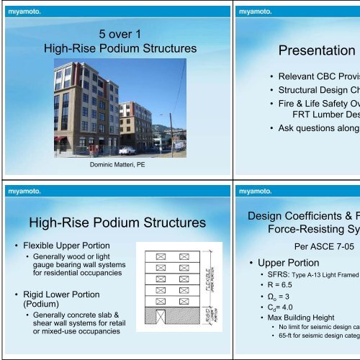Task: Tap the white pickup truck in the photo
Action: (127, 150)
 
